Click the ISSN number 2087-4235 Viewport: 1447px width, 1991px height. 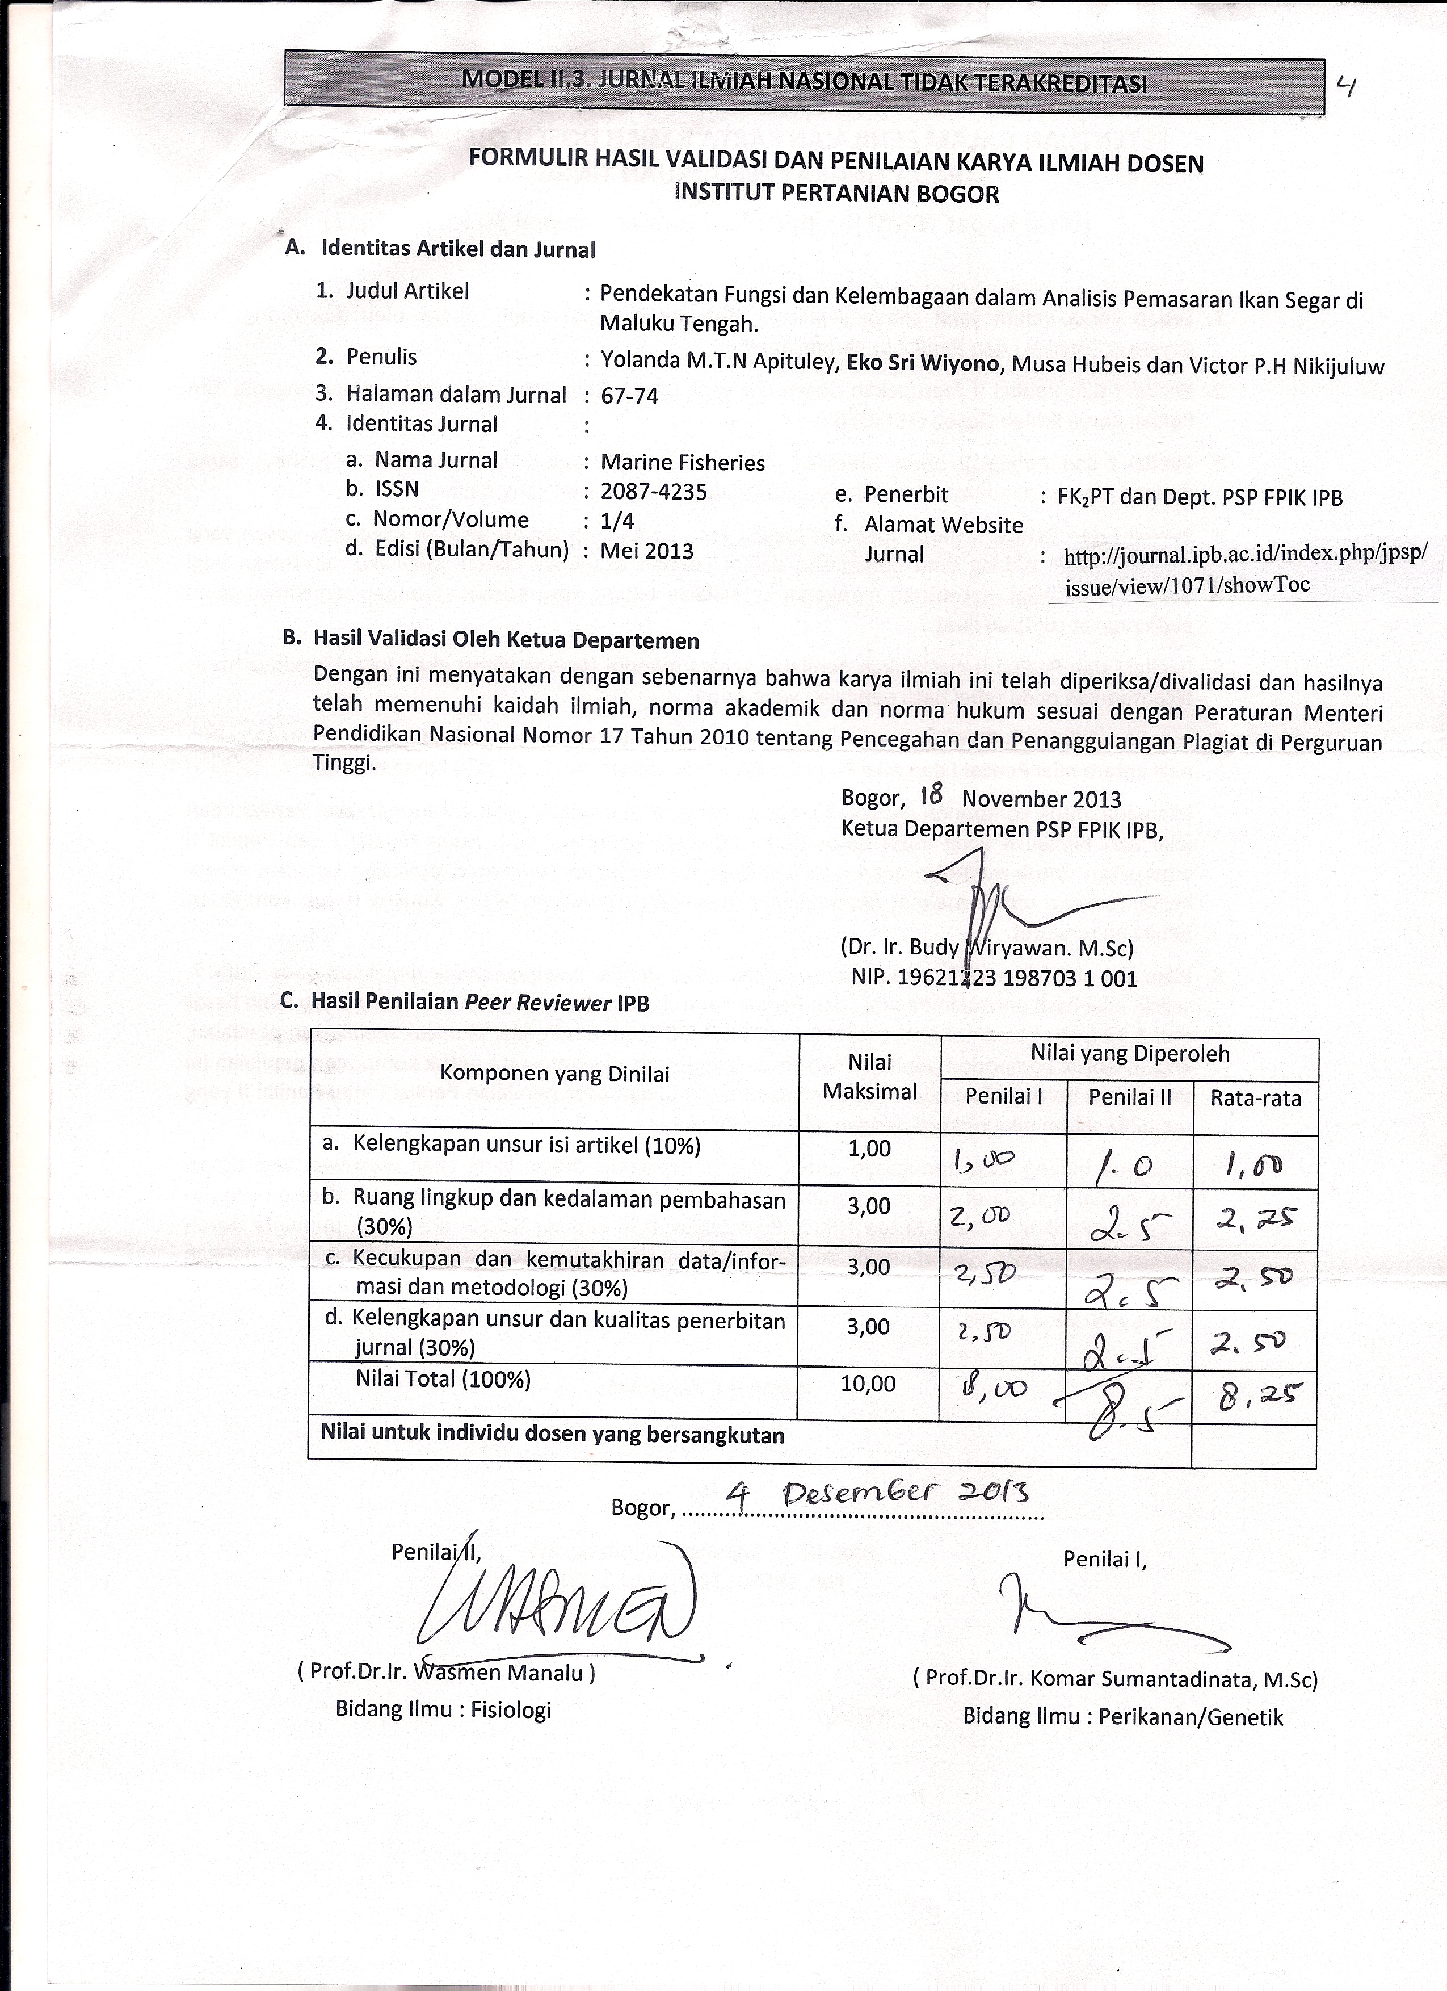(x=654, y=492)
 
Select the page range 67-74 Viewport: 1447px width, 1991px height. (x=629, y=396)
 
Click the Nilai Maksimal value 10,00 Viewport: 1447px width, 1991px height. (x=869, y=1385)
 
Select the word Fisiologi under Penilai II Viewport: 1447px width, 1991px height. (x=511, y=1709)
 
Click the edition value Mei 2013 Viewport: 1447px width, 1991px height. (x=647, y=551)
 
